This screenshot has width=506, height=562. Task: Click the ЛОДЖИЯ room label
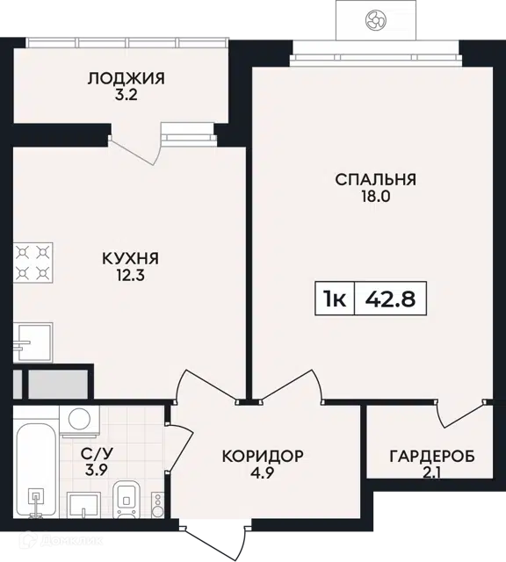point(126,78)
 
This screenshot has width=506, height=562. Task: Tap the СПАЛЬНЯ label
point(375,179)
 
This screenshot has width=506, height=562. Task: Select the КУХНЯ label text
point(130,258)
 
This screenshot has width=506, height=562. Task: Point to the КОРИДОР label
point(263,456)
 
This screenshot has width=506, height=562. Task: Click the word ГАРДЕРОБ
point(432,457)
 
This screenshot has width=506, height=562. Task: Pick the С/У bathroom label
point(97,454)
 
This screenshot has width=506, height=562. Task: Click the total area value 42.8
point(390,299)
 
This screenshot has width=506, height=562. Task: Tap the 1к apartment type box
point(335,299)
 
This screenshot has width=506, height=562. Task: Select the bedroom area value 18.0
point(375,197)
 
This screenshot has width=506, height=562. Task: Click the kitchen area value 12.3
point(130,276)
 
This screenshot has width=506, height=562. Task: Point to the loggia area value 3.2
point(126,96)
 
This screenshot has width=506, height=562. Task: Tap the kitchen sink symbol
point(33,342)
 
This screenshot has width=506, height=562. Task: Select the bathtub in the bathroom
point(36,471)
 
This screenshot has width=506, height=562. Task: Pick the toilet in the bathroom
point(126,500)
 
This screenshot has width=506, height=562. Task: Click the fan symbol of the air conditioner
point(375,19)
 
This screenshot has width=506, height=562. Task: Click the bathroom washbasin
point(84,505)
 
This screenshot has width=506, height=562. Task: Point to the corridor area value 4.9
point(263,473)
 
